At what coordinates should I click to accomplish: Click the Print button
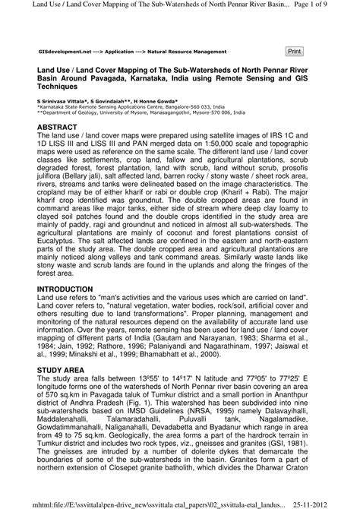[294, 51]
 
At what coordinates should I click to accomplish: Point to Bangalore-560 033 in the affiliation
[196, 106]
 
